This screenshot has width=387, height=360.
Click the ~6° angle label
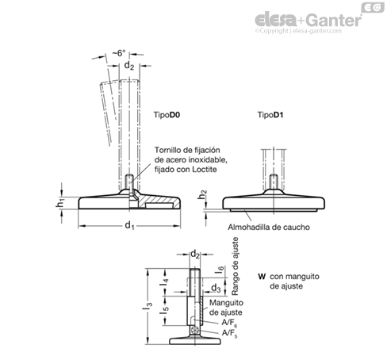click(118, 53)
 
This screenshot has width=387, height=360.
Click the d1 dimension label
click(129, 226)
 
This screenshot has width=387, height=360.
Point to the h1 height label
click(60, 203)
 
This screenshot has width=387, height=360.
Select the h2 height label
click(202, 195)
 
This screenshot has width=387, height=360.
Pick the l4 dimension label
click(164, 282)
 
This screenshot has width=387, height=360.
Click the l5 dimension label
click(164, 310)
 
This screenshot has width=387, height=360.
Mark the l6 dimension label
click(219, 270)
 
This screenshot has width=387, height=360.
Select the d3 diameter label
click(216, 288)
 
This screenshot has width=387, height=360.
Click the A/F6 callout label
click(229, 324)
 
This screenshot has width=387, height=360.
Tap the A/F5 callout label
click(229, 333)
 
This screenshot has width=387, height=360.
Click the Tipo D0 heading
click(167, 115)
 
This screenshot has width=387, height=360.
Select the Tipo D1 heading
click(270, 115)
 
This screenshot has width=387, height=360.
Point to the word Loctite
click(205, 170)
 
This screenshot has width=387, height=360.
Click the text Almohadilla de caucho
click(269, 227)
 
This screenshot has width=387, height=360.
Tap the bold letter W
click(262, 277)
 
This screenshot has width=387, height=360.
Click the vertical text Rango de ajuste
click(235, 266)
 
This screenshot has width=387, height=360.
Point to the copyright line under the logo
click(298, 31)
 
